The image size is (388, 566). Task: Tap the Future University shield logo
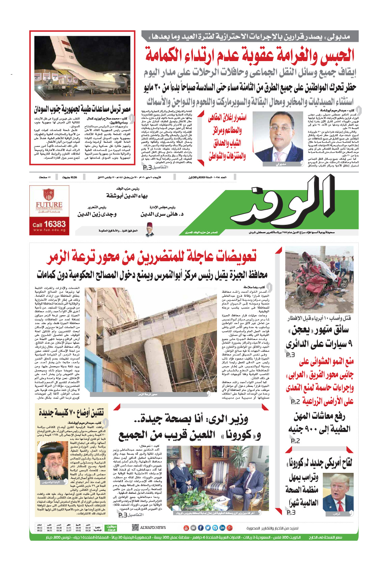point(49,195)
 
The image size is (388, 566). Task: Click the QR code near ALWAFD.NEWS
point(135,528)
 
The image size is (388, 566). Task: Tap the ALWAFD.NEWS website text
point(153,528)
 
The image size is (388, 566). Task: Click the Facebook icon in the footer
point(200,528)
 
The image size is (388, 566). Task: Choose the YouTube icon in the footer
point(186,528)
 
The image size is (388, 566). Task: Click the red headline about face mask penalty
point(249,55)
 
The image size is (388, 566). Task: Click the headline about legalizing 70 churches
point(71,412)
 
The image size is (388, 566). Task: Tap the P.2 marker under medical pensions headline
point(295,441)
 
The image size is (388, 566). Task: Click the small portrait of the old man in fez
point(149,230)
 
